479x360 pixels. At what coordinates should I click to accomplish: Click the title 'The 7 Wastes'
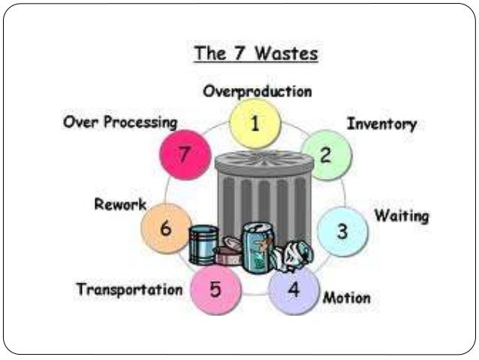click(255, 53)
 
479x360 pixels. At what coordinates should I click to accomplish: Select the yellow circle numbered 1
click(255, 126)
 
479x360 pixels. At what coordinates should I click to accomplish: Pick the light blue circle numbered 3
click(342, 231)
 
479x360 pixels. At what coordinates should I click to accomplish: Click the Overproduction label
click(258, 92)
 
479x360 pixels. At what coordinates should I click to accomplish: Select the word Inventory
click(381, 124)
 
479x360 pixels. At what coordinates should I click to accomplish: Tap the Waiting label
click(402, 216)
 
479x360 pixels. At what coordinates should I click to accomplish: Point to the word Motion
click(346, 298)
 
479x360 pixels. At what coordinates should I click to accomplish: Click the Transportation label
click(129, 289)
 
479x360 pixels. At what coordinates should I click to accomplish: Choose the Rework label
click(120, 204)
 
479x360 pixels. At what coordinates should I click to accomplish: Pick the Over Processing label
click(120, 122)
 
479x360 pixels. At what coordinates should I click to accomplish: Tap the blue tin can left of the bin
click(203, 245)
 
